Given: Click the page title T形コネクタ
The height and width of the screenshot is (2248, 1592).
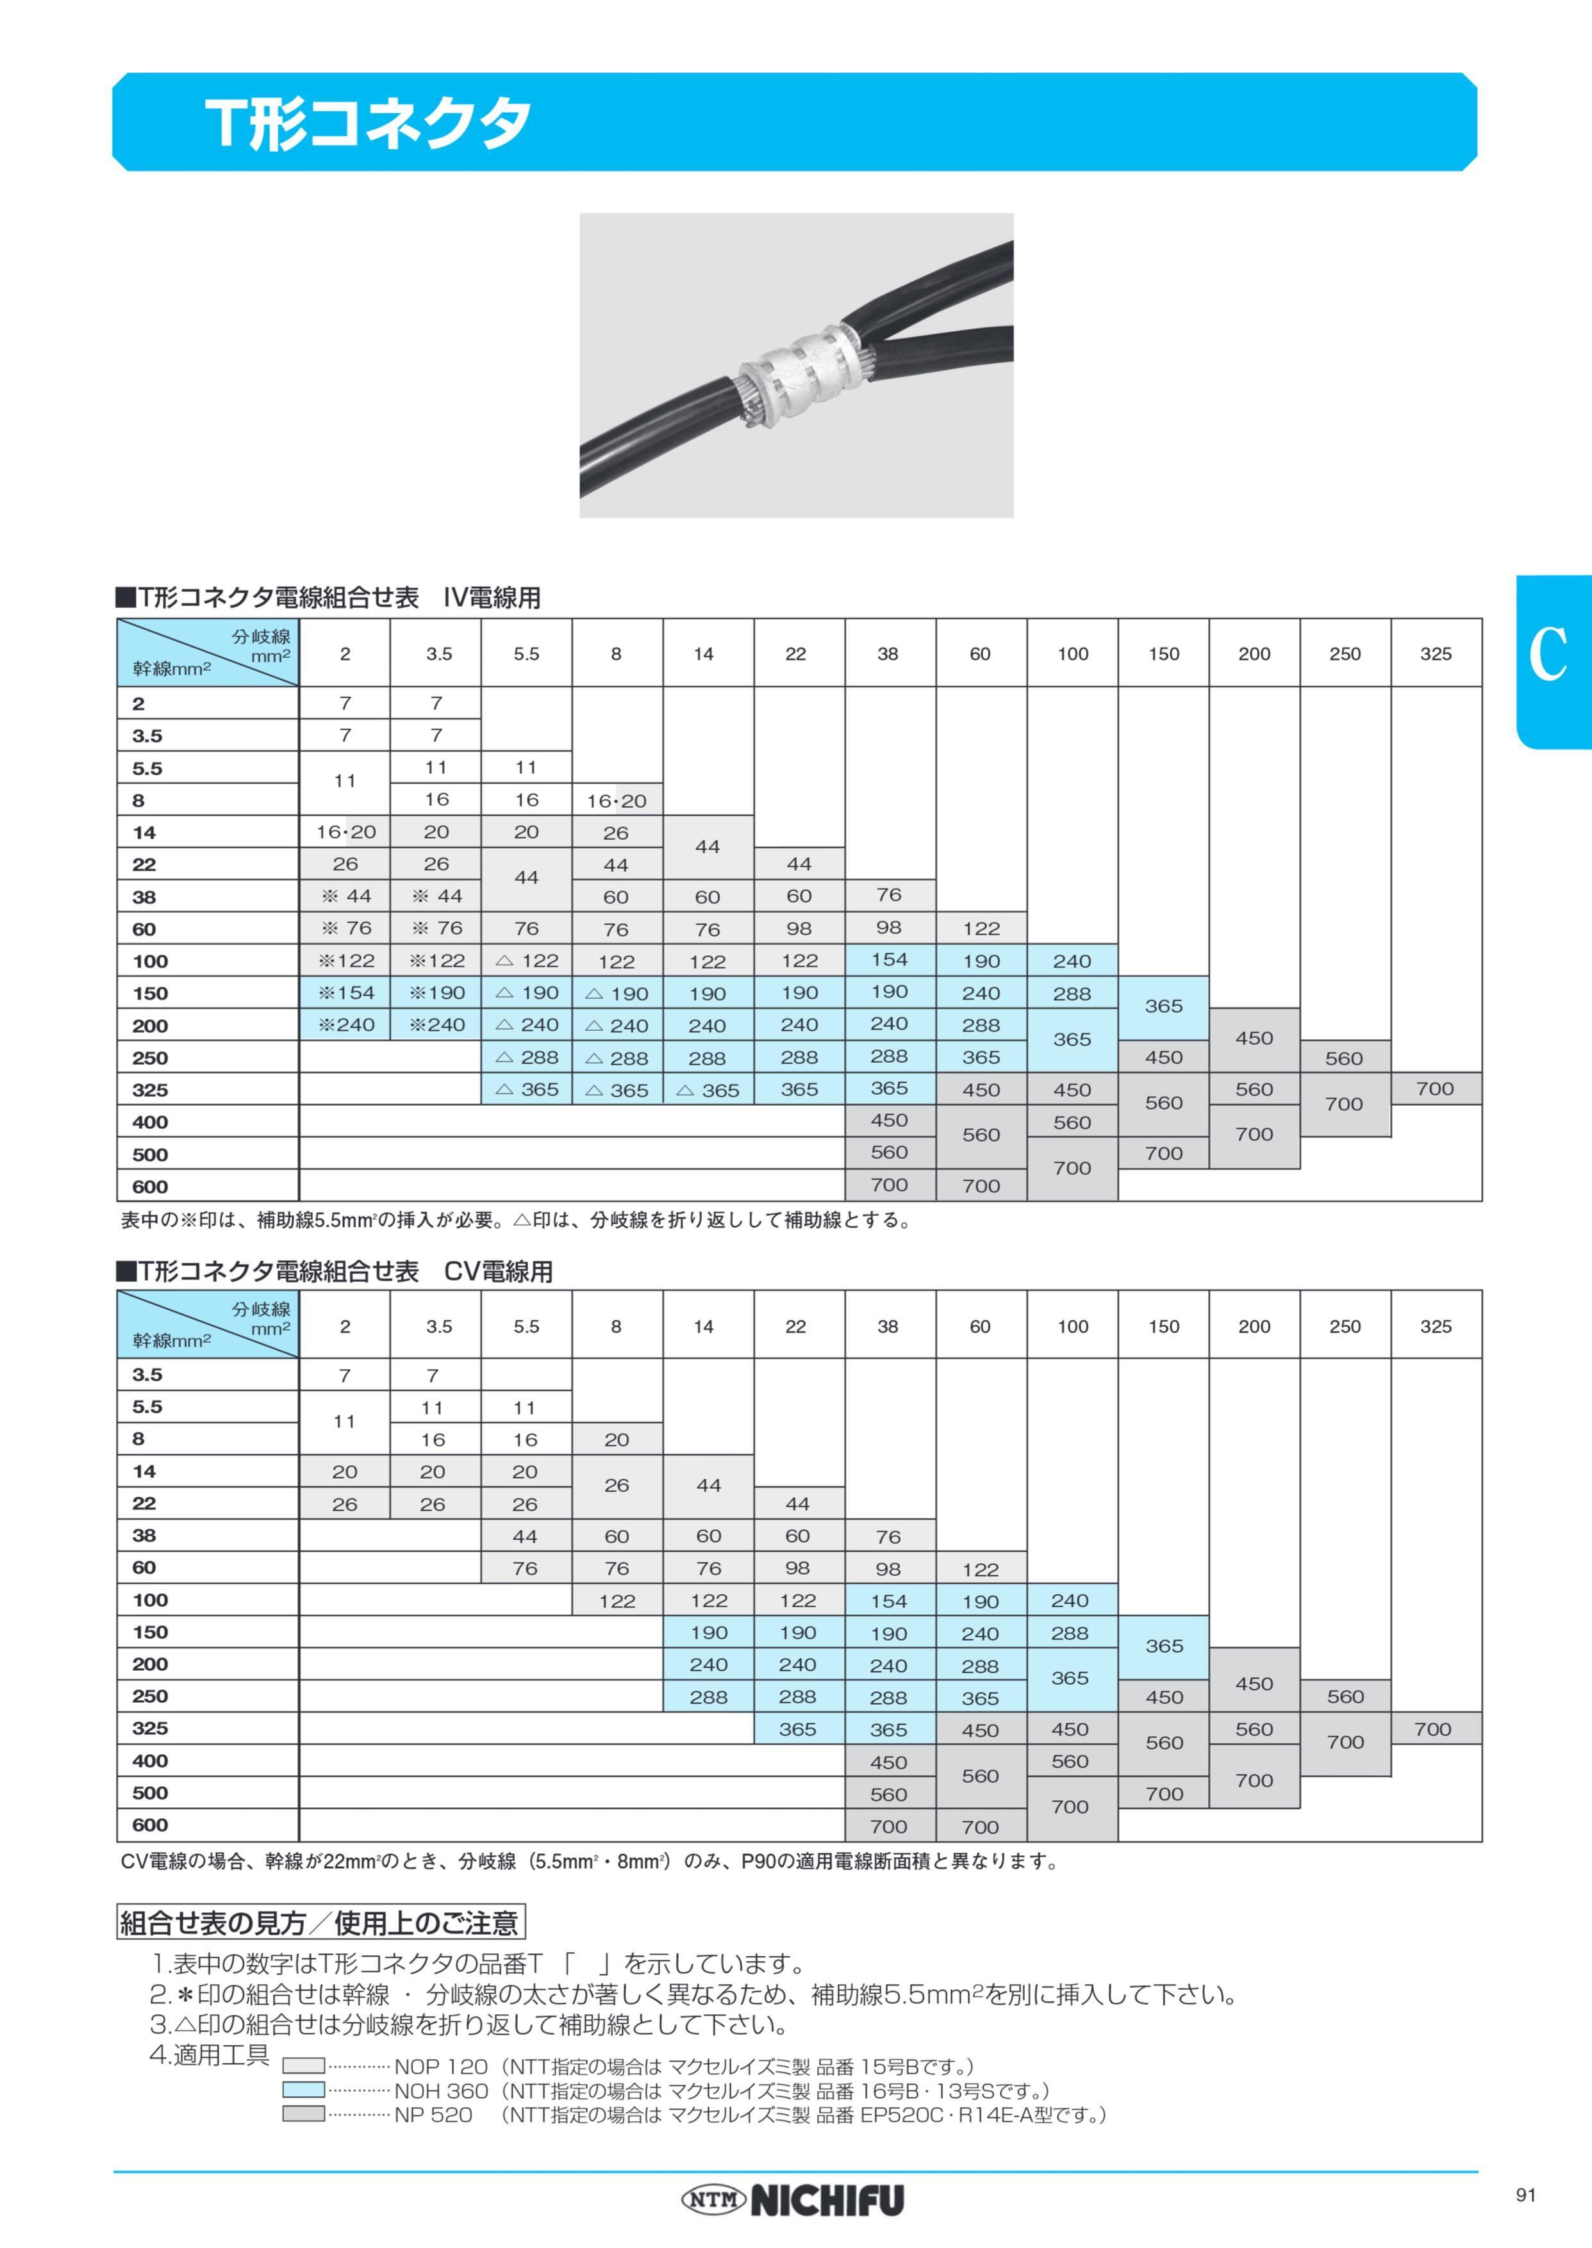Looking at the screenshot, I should pos(369,124).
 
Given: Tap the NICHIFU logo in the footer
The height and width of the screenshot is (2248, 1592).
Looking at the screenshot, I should pos(792,2200).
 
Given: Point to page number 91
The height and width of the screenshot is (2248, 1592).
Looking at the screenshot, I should pos(1525,2194).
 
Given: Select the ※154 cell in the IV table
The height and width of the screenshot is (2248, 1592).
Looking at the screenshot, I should pos(345,993).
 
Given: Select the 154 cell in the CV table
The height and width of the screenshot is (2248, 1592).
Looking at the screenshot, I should pos(889,1601).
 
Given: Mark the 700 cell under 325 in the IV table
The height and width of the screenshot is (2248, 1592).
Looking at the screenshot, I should pos(1435,1088).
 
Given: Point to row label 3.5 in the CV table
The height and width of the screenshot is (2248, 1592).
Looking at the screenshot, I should pos(148,1375).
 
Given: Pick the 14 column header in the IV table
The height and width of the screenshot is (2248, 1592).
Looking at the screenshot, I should pos(704,653).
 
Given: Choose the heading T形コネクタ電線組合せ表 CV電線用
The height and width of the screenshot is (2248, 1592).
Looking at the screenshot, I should pos(335,1272).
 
